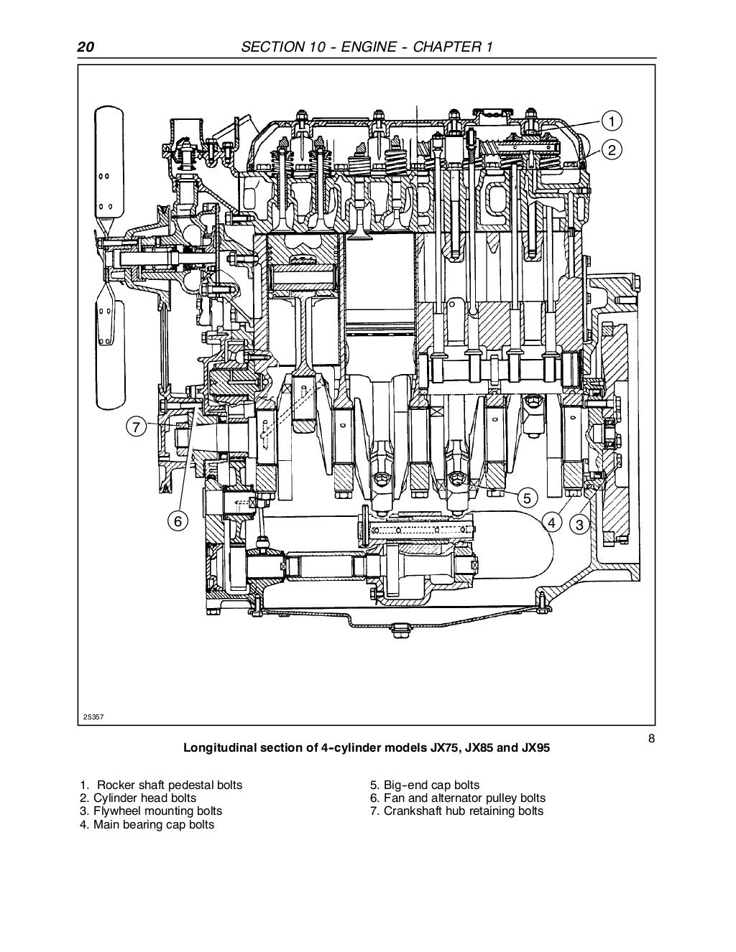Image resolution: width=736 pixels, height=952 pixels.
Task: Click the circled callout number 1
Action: pos(610,120)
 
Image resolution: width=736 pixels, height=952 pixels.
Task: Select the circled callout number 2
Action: pos(610,150)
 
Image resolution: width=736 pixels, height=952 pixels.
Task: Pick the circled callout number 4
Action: pos(551,523)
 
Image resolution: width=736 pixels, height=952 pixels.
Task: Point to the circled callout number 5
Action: pos(527,498)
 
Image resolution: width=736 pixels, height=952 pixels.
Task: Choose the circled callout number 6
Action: pos(178,521)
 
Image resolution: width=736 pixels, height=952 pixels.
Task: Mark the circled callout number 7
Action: pos(135,426)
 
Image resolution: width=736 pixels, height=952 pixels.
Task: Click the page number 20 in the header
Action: pos(85,47)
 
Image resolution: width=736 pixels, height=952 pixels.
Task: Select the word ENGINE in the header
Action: pos(369,47)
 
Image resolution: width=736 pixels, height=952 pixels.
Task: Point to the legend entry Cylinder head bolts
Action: pos(138,798)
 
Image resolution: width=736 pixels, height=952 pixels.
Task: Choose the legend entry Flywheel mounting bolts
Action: pos(151,811)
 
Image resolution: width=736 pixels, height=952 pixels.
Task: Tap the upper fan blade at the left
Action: pos(106,165)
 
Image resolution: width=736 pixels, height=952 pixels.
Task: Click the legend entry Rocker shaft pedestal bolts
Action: pos(161,785)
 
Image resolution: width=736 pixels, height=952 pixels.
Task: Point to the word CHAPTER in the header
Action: pos(450,47)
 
